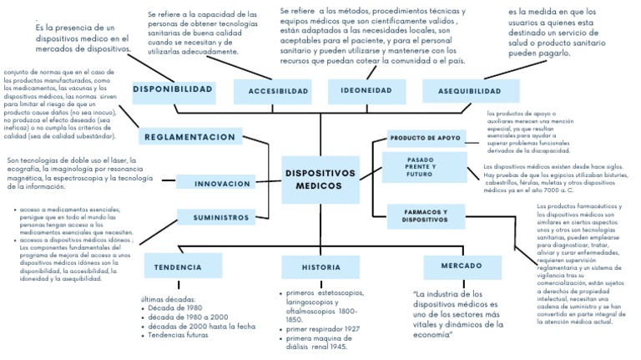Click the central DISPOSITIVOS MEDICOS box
tap(320, 179)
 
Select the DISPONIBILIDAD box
tap(173, 89)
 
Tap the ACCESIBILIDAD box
tap(272, 91)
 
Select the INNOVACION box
tap(221, 183)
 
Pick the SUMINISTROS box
tap(221, 217)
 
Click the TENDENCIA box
tap(178, 267)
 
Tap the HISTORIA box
tap(310, 267)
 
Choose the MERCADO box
tap(454, 266)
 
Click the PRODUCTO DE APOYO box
tap(426, 137)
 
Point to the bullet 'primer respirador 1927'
tap(323, 329)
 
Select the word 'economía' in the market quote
tap(433, 335)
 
